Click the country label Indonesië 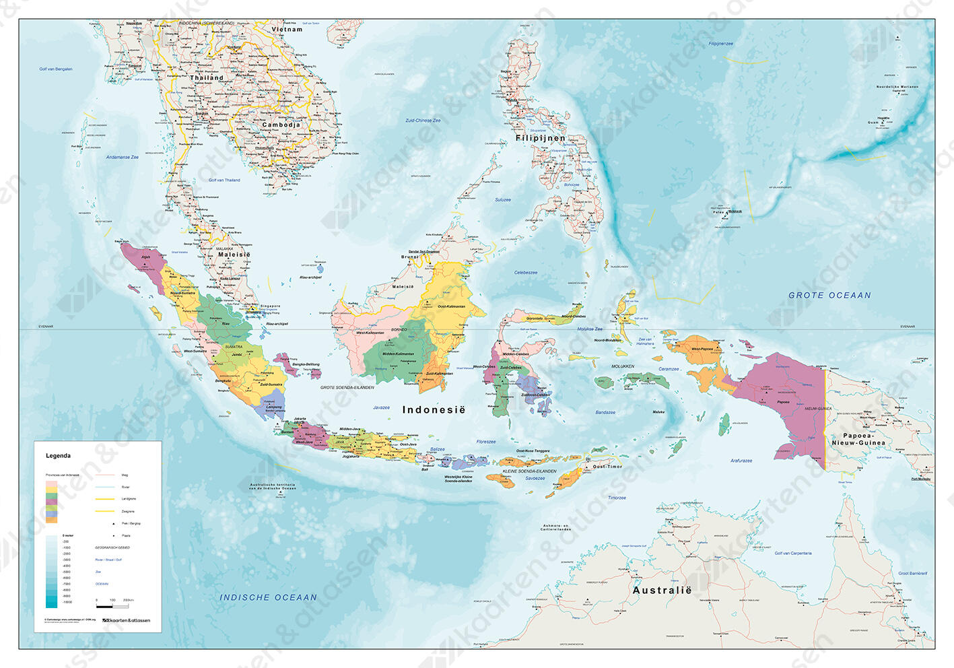pos(434,409)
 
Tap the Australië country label pos(662,590)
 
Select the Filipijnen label pos(541,138)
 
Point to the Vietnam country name pos(287,30)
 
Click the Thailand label pos(207,78)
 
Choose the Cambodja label pos(281,125)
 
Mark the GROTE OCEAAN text pos(829,295)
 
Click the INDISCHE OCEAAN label pos(268,597)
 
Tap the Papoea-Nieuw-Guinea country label pos(858,439)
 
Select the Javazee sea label pos(381,407)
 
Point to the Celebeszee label pos(526,273)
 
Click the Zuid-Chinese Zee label pos(423,121)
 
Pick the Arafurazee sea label pos(741,461)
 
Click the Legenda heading pos(58,456)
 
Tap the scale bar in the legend pos(112,605)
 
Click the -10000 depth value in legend pos(67,602)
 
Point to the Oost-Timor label pos(607,467)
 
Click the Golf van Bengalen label pos(55,69)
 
